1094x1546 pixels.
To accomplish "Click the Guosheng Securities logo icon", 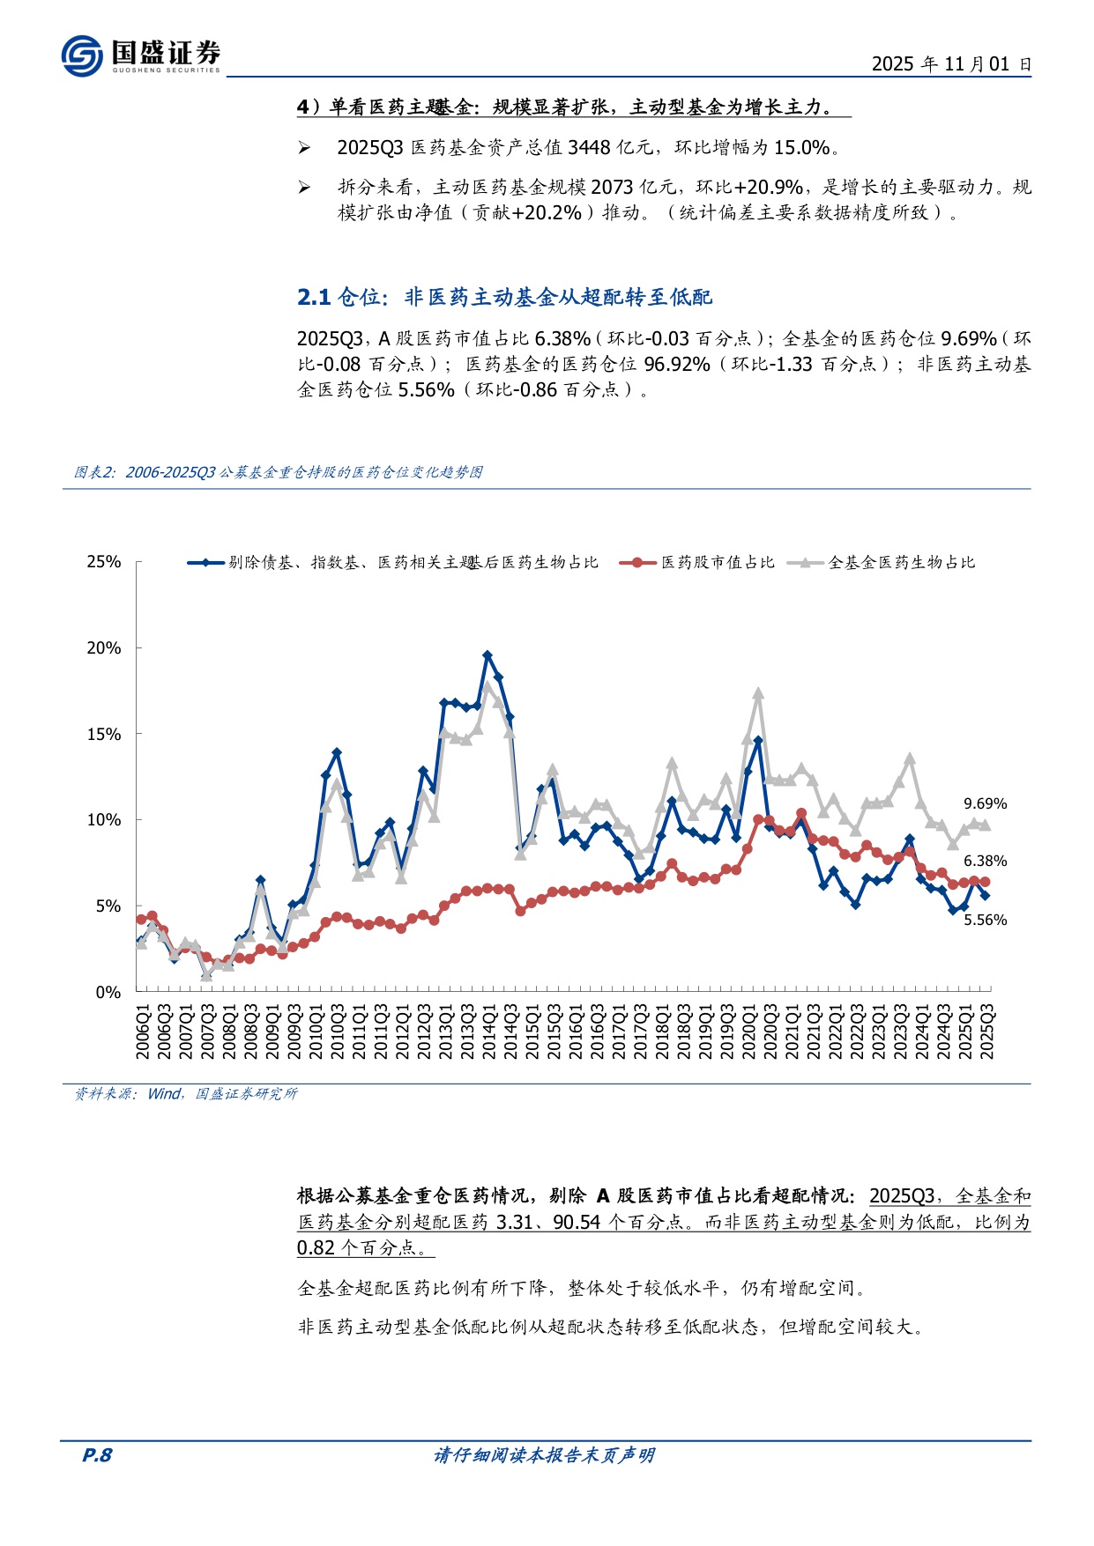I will point(82,55).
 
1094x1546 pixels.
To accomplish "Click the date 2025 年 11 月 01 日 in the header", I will point(950,64).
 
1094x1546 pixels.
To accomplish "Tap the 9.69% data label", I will point(985,803).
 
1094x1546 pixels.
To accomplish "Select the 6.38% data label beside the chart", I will point(985,861).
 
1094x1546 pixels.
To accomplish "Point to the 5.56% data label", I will point(985,920).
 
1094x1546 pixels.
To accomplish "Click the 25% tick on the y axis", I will point(104,562).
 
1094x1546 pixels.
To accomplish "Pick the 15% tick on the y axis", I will point(104,734).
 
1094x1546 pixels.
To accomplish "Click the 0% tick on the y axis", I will point(108,992).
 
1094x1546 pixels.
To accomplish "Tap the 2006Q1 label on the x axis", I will point(142,1031).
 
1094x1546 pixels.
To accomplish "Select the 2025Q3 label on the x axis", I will point(987,1031).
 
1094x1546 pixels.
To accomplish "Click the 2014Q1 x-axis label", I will point(488,1031).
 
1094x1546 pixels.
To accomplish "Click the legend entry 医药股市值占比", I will point(718,562).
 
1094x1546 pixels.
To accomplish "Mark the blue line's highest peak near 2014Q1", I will point(487,655).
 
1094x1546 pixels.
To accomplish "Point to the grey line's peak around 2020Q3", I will point(758,694).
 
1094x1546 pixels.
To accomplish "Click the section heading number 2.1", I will point(313,298).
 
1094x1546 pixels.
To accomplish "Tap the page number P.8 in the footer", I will point(97,1455).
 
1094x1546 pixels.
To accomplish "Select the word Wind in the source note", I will point(164,1093).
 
